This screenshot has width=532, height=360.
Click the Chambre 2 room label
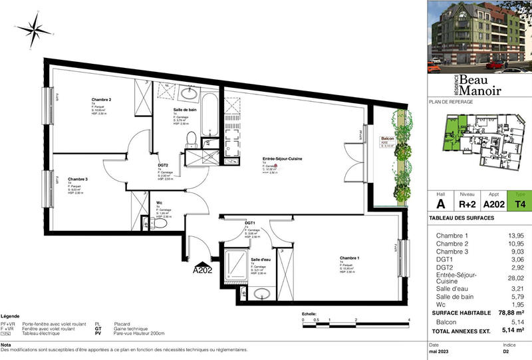[101, 100]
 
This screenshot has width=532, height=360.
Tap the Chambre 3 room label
[78, 179]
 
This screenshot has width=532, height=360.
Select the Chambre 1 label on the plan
[350, 258]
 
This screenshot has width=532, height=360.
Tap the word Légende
[10, 316]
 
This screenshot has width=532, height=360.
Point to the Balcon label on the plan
[386, 138]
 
